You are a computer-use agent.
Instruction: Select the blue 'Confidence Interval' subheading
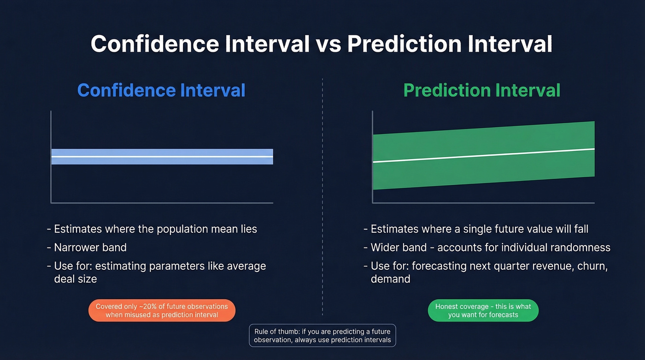161,90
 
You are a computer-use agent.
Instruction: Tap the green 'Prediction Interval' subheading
482,90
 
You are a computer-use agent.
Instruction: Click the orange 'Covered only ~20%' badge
162,310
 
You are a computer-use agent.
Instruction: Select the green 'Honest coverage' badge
483,310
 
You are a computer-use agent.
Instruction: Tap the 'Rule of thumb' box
322,336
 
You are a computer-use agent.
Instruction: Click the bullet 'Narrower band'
90,248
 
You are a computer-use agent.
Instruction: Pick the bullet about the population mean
155,229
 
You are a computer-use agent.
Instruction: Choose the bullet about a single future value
479,229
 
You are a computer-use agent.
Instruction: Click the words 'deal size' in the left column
76,278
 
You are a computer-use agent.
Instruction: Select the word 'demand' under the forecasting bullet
390,278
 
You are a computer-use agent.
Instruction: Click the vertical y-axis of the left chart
51,157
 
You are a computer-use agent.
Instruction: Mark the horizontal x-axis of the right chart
484,202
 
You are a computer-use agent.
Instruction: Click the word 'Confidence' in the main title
154,44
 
